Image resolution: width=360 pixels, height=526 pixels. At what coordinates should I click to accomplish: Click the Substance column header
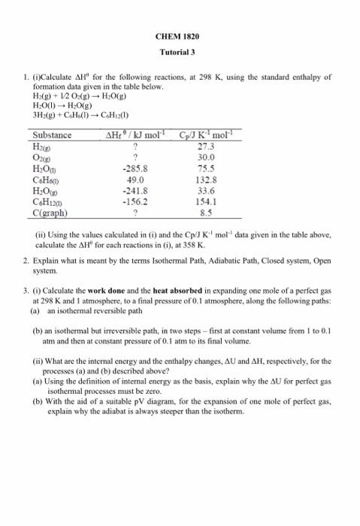coord(53,135)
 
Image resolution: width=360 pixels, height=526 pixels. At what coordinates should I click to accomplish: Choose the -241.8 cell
coord(134,191)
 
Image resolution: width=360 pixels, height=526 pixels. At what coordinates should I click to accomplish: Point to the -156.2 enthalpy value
coord(134,201)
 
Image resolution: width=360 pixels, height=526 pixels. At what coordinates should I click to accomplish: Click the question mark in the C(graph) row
coord(134,213)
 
